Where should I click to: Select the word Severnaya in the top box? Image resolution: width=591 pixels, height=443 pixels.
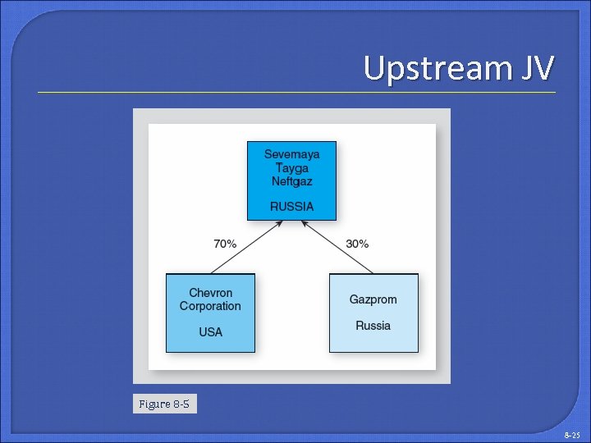point(291,153)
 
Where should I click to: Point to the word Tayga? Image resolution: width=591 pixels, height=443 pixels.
point(291,167)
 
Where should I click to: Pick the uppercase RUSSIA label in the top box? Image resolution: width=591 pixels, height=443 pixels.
point(291,206)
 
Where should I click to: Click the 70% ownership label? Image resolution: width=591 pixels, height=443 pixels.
point(225,244)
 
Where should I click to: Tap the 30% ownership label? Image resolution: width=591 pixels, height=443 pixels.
point(357,244)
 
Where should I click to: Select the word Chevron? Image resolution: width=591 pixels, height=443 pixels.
point(211,293)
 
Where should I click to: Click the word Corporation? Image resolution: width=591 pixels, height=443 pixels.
point(211,306)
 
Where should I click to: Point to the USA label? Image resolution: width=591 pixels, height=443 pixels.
point(211,332)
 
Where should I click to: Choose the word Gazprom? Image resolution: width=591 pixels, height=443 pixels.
point(373,299)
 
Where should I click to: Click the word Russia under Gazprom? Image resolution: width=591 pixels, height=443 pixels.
point(373,326)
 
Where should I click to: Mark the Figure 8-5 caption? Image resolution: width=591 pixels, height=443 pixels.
point(165,404)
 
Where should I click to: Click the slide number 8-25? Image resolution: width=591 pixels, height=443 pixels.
point(572,434)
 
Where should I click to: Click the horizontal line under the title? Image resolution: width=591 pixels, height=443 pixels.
point(295,92)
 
